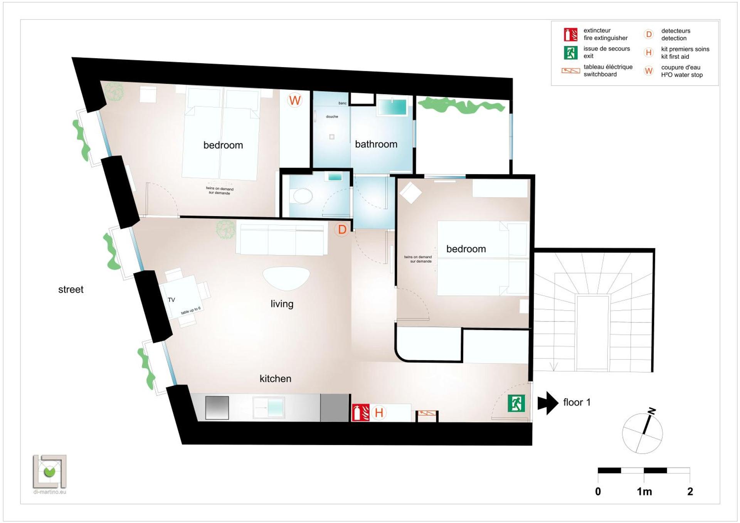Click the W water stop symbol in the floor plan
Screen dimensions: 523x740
tap(295, 101)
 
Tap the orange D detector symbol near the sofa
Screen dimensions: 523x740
tap(342, 230)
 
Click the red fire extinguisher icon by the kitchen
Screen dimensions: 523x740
tap(361, 412)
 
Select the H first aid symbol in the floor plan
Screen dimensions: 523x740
tap(379, 413)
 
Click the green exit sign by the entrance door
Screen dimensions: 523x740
tap(516, 404)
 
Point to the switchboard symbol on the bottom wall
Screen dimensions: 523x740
tap(427, 414)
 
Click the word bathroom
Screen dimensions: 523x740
tap(376, 144)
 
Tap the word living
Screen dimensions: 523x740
tap(282, 304)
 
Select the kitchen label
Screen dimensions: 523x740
tap(275, 378)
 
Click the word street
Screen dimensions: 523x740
tap(71, 289)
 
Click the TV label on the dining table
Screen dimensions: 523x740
tap(171, 300)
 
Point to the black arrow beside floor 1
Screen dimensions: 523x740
tap(547, 403)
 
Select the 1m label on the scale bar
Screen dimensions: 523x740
tap(644, 491)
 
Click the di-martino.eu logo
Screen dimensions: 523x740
tap(50, 474)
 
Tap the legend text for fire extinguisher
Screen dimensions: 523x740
tap(605, 34)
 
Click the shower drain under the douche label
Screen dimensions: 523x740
tap(332, 136)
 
